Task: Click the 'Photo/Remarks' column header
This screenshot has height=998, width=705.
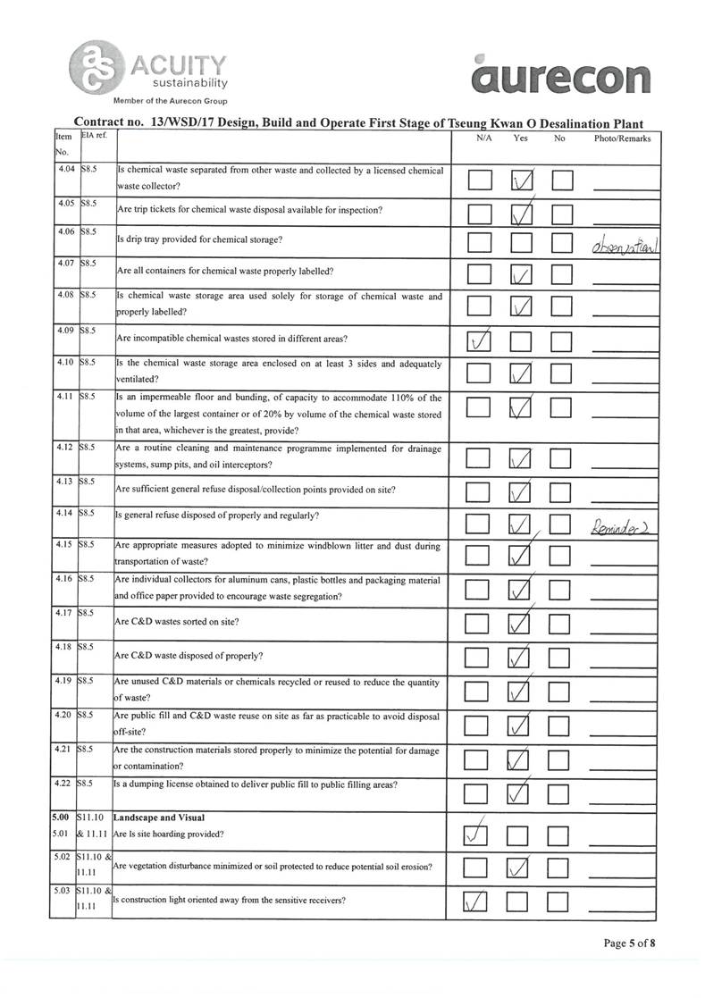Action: click(622, 138)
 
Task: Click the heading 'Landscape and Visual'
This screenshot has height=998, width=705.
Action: click(159, 818)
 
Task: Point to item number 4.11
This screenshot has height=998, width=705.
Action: click(65, 397)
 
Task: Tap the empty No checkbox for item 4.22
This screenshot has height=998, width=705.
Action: click(560, 792)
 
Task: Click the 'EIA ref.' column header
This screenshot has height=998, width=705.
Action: click(94, 137)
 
